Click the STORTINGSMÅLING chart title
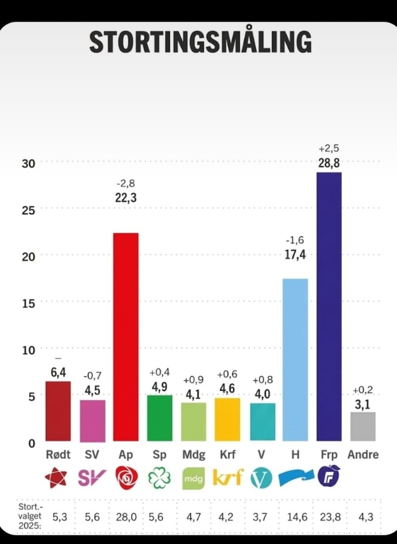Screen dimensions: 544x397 [200, 42]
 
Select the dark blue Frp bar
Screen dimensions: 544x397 [329, 306]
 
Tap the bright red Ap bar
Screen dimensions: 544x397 [126, 336]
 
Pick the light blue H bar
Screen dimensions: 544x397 [295, 359]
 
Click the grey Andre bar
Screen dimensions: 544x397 [362, 427]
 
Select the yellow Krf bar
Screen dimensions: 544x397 [227, 420]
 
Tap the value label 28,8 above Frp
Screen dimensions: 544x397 [329, 163]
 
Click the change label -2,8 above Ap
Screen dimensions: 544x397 [126, 184]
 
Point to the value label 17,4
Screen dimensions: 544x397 [295, 255]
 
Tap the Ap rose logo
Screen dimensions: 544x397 [126, 477]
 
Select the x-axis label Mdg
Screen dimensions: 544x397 [193, 455]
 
